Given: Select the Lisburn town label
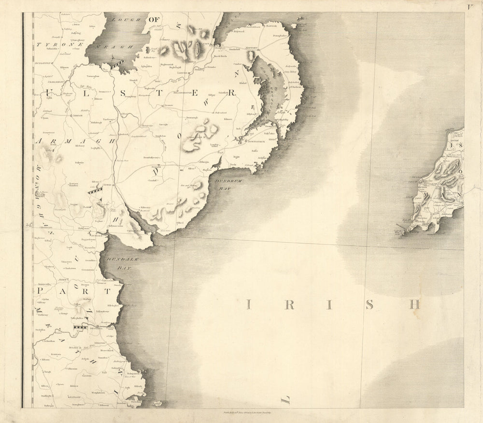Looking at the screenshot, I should click(183, 73).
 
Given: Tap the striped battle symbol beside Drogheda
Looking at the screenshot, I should click(80, 327).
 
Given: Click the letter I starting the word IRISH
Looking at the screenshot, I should click(249, 304).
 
